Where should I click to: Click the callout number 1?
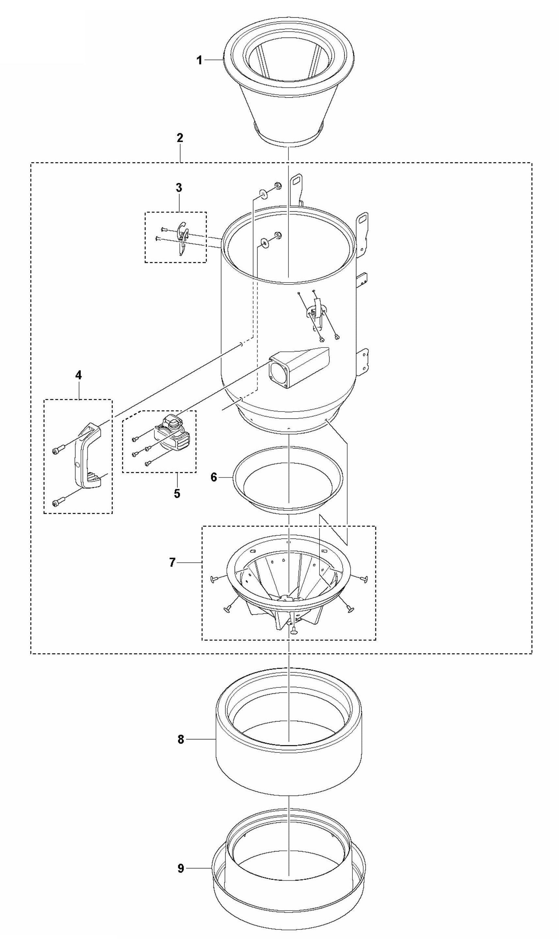(199, 60)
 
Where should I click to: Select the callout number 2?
(180, 138)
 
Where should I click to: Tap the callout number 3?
(179, 188)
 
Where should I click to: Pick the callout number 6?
(213, 478)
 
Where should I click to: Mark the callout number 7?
(172, 563)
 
